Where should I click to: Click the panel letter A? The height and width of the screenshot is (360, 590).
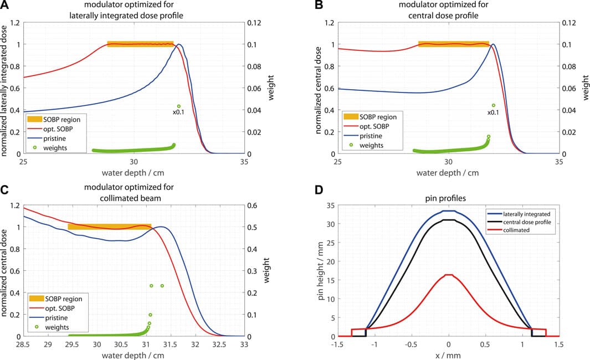4,6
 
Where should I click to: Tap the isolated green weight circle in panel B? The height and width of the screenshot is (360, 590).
493,105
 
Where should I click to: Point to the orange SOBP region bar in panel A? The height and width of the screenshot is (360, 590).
140,44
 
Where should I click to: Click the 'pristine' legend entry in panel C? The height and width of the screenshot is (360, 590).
57,318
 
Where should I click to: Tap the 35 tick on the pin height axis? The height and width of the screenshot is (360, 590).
330,205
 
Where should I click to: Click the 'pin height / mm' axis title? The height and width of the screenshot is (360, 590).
320,271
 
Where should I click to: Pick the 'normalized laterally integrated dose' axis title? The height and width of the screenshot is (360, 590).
5,89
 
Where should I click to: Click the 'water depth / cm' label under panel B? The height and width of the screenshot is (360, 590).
449,172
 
